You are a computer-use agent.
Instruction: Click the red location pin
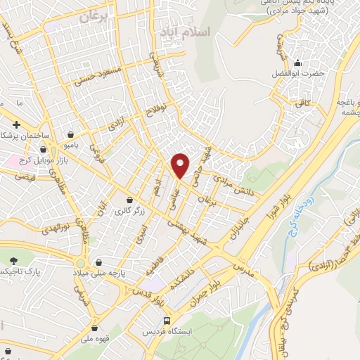click(x=181, y=165)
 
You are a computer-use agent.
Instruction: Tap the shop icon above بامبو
click(x=71, y=134)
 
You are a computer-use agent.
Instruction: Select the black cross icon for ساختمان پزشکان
click(x=26, y=124)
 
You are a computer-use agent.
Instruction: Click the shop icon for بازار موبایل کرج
click(x=44, y=149)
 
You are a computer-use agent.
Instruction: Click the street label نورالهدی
click(x=53, y=227)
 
